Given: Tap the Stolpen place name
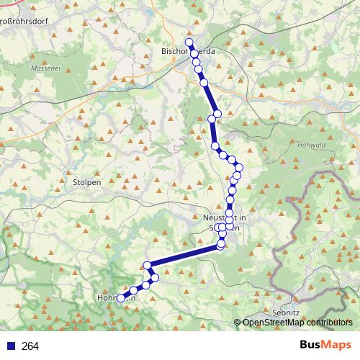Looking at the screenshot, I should click(x=87, y=182).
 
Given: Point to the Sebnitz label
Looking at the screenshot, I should click(x=287, y=313).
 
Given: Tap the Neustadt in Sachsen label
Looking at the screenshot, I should click(x=226, y=222).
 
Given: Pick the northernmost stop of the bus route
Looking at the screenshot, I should click(x=189, y=42).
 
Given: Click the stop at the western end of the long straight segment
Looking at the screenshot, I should click(x=148, y=266).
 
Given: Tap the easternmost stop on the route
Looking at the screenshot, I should click(x=239, y=168).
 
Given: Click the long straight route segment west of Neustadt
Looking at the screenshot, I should click(x=184, y=256).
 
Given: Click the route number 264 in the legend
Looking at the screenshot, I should click(x=30, y=346).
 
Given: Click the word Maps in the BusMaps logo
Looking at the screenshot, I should click(x=338, y=346).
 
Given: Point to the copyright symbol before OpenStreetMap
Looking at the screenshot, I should click(x=238, y=323).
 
